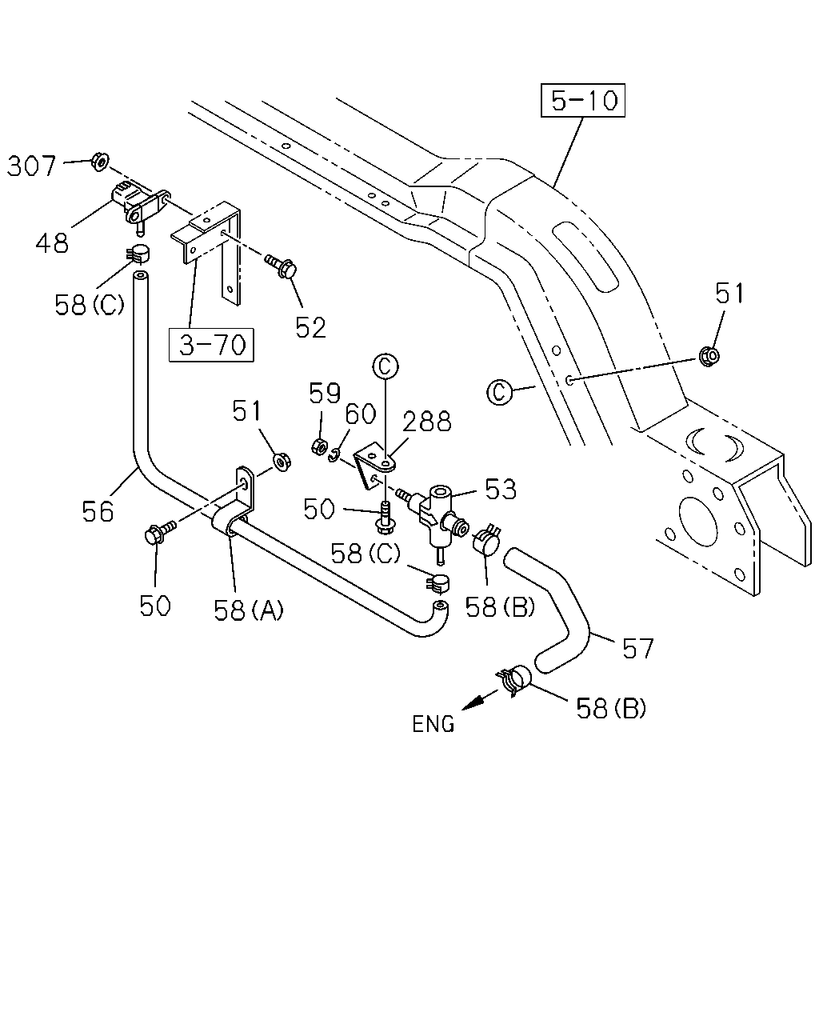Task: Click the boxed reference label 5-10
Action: click(582, 101)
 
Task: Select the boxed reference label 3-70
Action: click(211, 345)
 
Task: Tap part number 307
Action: click(31, 166)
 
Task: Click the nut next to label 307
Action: click(100, 162)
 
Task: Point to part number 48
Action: click(52, 242)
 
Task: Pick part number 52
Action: click(311, 327)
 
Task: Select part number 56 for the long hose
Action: click(98, 511)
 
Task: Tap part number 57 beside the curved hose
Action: click(638, 648)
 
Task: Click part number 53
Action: click(500, 489)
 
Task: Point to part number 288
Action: click(427, 422)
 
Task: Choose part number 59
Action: click(325, 393)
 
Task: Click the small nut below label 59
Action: click(319, 446)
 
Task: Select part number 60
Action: click(360, 414)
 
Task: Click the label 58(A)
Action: click(249, 610)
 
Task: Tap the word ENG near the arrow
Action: click(433, 724)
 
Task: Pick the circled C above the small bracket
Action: click(386, 367)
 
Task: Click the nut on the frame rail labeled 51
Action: click(709, 355)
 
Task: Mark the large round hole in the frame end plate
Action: click(697, 521)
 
